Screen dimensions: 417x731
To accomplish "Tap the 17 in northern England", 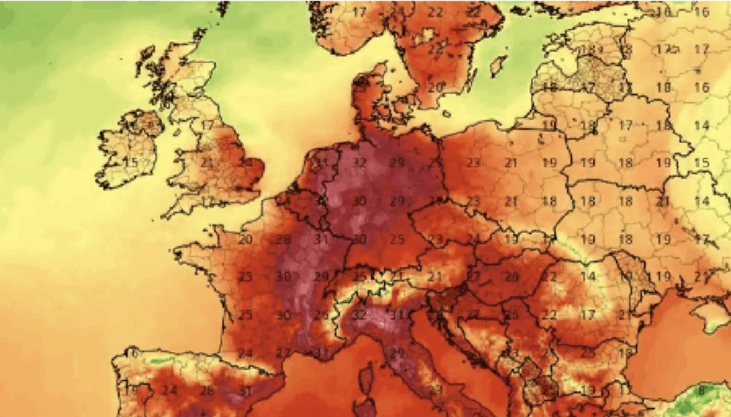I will point(207,125).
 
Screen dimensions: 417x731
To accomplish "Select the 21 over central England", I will point(207,163).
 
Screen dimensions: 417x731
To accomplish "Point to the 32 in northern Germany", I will point(360,162).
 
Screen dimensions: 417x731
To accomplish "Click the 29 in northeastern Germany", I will point(398,162).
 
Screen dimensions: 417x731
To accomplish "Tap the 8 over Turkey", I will point(702,390).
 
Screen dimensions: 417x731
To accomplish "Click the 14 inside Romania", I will point(588,276).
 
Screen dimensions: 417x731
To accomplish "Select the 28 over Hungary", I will point(511,276).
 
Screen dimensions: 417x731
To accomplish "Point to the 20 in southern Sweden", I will point(435,87).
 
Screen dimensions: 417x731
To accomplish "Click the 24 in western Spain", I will point(169,391).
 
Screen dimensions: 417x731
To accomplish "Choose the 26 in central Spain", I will point(207,391).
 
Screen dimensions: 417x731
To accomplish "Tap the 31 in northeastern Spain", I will point(245,391).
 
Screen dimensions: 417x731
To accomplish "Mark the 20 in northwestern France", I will point(246,238).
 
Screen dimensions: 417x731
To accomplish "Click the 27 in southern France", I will point(283,352).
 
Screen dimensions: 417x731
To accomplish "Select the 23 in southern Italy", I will point(435,390).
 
